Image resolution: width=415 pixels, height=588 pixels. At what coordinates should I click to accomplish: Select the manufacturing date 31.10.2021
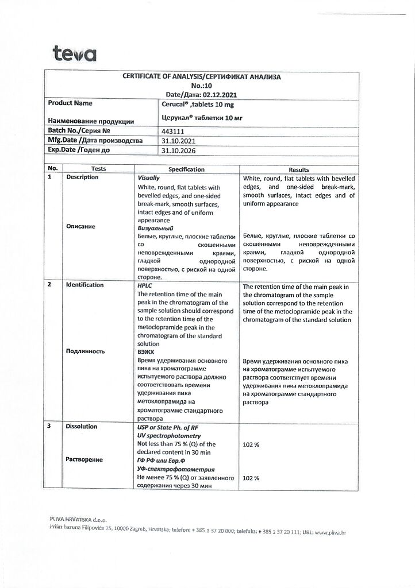point(178,141)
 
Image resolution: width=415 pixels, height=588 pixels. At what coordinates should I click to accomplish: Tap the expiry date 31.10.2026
point(178,150)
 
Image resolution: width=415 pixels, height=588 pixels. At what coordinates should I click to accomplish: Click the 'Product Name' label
point(70,103)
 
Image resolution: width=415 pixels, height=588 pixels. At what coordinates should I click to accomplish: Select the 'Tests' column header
point(98,169)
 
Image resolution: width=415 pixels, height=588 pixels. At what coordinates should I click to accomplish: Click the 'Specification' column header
point(186,169)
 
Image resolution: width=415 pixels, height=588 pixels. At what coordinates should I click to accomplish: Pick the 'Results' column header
point(299,169)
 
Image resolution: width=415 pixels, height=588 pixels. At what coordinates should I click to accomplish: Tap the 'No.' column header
point(53,169)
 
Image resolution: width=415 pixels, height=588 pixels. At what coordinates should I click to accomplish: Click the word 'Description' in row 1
point(82,177)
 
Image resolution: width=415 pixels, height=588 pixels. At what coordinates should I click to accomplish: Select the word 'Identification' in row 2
point(85,285)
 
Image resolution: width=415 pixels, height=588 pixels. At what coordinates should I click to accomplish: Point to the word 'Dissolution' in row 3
point(82,427)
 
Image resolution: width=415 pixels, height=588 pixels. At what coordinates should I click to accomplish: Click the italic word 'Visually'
point(149,178)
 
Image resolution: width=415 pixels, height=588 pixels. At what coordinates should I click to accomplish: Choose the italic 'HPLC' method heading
point(145,285)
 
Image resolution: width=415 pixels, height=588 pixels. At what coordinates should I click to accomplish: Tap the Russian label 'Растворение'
point(84,460)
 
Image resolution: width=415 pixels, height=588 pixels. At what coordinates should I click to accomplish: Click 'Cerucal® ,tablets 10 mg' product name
point(198,105)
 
